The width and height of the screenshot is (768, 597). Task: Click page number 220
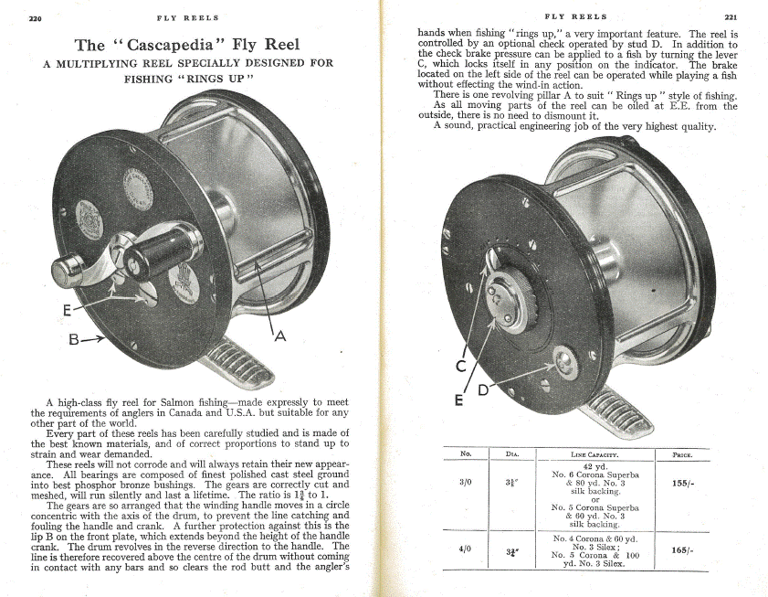37,17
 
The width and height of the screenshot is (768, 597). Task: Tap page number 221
731,16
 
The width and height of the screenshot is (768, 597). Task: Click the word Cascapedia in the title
180,45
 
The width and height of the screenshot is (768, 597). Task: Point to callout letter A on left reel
281,336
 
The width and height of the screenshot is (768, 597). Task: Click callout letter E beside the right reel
458,400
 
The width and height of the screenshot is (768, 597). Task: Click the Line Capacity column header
594,454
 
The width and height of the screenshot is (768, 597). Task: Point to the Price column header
681,454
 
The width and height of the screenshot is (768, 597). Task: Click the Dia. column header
511,454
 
